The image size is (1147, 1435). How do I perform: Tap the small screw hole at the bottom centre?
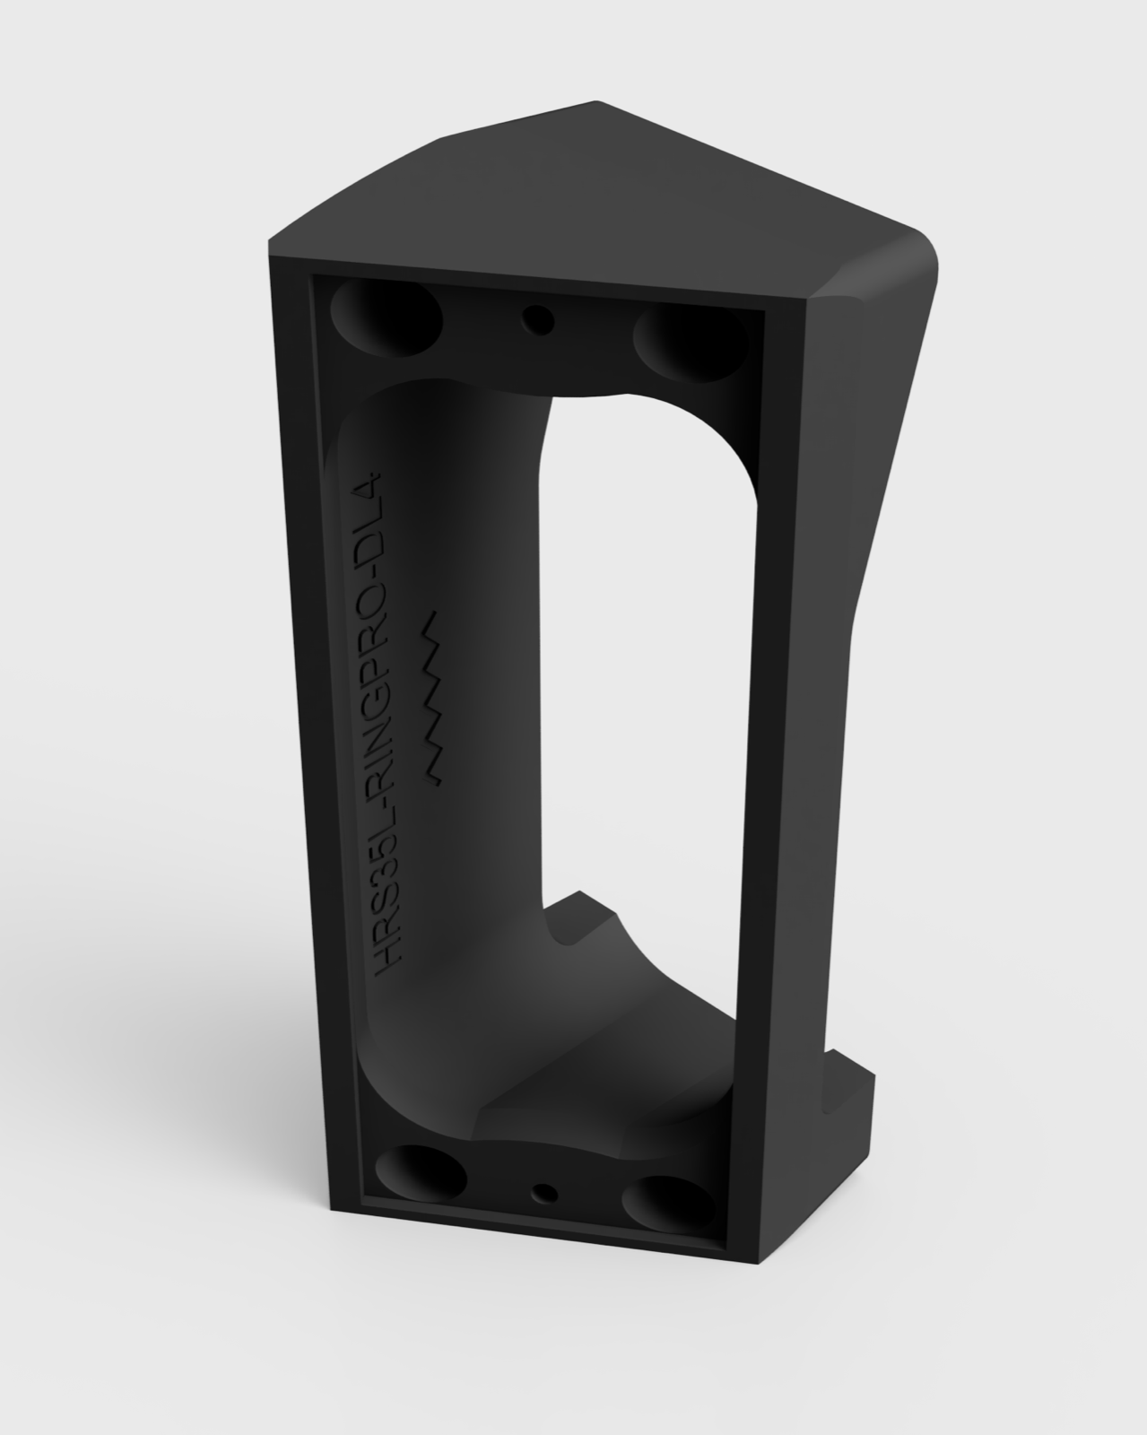point(544,1193)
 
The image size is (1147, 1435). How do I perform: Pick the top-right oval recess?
point(689,341)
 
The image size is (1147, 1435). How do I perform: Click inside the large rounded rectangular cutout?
point(641,646)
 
